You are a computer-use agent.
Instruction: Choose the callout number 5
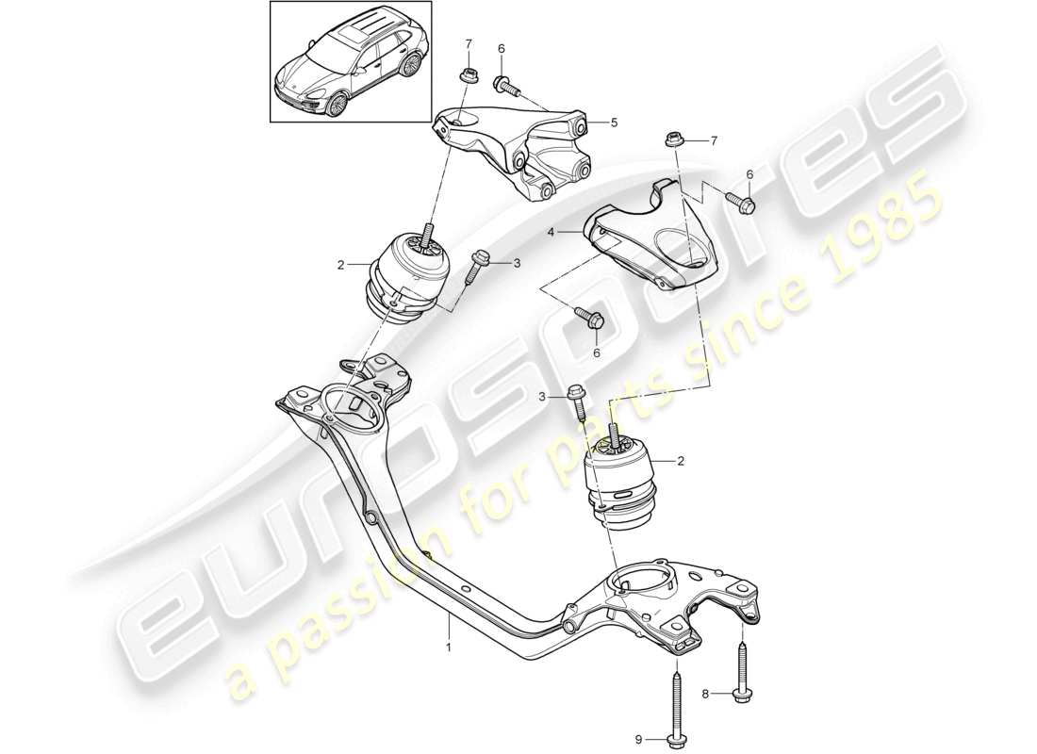click(x=614, y=122)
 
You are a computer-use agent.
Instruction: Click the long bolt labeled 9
click(x=676, y=706)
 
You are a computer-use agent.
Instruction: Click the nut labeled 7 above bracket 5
click(x=465, y=74)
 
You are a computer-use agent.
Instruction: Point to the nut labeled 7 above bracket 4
click(x=674, y=139)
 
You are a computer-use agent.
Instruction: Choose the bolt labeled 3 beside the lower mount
click(x=580, y=404)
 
